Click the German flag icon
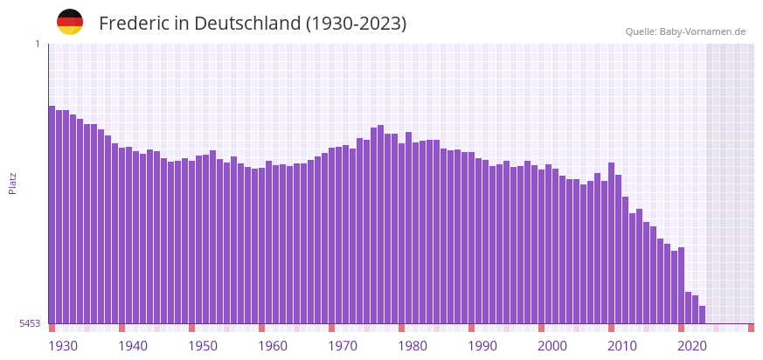pyautogui.click(x=70, y=22)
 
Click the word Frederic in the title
pyautogui.click(x=134, y=24)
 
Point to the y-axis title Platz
pyautogui.click(x=12, y=183)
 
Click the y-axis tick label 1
pyautogui.click(x=38, y=44)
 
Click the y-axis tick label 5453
pyautogui.click(x=30, y=323)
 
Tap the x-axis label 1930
pyautogui.click(x=63, y=346)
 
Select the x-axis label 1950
pyautogui.click(x=203, y=346)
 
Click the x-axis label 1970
pyautogui.click(x=343, y=346)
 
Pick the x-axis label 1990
pyautogui.click(x=482, y=346)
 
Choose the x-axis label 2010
pyautogui.click(x=622, y=346)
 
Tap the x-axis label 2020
pyautogui.click(x=692, y=346)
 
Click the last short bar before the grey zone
pyautogui.click(x=702, y=315)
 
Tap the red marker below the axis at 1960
pyautogui.click(x=261, y=328)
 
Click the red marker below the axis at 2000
pyautogui.click(x=541, y=328)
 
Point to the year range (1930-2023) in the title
pyautogui.click(x=356, y=24)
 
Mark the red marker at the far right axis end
pyautogui.click(x=751, y=328)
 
